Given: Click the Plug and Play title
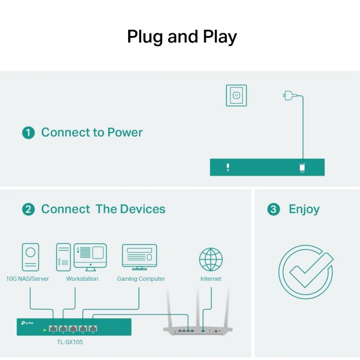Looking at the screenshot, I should pos(182,37).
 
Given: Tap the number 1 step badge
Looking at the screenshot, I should pos(28,133).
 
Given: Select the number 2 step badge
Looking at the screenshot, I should pos(28,209).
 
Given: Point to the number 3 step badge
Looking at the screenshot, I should pos(274,209).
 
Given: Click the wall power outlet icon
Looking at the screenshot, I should pos(236,96).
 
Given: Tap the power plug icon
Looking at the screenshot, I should pos(288,95).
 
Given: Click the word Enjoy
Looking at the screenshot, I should pos(304,209).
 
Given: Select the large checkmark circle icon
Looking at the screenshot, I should pos(305,272).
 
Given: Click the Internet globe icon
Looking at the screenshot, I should pos(211,259).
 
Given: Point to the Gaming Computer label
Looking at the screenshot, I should pos(141,279).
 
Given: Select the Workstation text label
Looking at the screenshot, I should pos(82,279).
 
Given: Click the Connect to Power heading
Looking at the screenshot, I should pos(92,133).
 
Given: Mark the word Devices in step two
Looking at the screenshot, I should pos(142,209).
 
